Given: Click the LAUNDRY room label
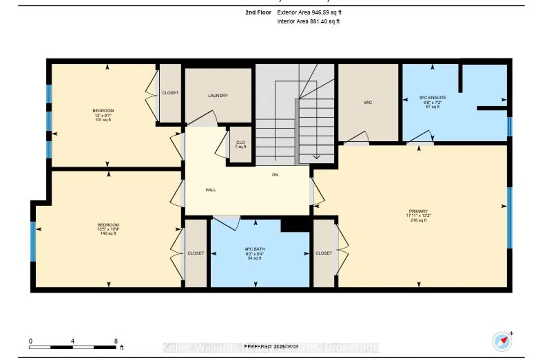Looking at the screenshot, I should click(218, 95).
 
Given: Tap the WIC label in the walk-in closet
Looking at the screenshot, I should click(368, 103).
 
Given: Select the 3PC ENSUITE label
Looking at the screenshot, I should click(432, 98).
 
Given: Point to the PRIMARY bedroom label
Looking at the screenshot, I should click(418, 211).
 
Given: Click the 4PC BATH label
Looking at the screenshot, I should click(255, 249).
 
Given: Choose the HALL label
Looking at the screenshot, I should click(211, 190).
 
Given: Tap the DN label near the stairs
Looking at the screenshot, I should click(275, 175).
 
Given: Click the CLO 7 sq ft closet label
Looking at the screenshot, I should click(240, 144).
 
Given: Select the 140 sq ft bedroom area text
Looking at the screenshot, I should click(108, 234).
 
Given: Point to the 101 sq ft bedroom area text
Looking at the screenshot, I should click(103, 120).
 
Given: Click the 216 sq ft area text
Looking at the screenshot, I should click(418, 220).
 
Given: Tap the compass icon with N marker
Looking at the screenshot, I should click(502, 341).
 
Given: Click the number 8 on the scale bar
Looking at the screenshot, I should click(116, 341).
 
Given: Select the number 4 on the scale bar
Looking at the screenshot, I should click(73, 341).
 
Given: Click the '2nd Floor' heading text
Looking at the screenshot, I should click(258, 12).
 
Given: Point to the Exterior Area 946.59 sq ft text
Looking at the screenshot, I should click(309, 12).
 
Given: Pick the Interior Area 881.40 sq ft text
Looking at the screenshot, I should click(308, 21).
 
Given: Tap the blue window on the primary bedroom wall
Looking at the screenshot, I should click(510, 218).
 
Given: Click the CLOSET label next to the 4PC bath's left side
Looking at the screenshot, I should click(196, 253).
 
